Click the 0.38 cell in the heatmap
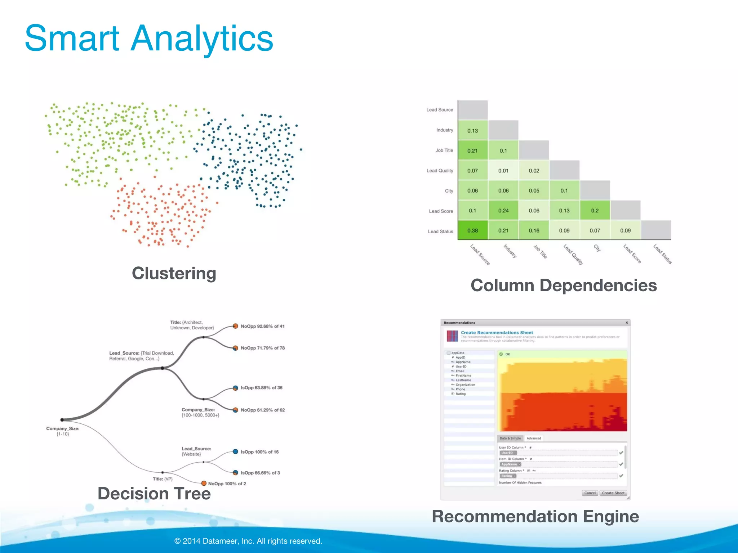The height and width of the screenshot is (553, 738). (472, 230)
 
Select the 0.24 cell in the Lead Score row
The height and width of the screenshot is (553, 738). (503, 211)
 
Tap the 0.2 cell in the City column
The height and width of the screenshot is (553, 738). (595, 211)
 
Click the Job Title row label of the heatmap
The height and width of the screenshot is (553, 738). (444, 150)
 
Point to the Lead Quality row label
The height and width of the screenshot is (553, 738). (440, 171)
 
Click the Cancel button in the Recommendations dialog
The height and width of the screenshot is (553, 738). (590, 493)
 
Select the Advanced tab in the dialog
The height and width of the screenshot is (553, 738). (533, 438)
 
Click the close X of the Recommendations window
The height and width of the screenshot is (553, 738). (627, 323)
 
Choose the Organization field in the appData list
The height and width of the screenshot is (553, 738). (465, 385)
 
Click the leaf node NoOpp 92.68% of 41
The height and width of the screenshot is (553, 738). (235, 326)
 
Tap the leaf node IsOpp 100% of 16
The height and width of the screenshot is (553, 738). (235, 451)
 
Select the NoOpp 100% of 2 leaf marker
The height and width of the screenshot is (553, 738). (204, 483)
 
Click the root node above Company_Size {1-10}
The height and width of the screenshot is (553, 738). (62, 420)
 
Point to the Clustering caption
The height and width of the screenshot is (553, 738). (174, 273)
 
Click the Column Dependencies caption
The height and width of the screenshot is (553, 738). (564, 286)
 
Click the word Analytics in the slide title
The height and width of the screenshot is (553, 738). (202, 38)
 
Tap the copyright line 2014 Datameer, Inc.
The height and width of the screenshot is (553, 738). (248, 541)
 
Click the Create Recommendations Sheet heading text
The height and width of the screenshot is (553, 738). (497, 333)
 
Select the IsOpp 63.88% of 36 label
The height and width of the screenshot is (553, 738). (261, 388)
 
